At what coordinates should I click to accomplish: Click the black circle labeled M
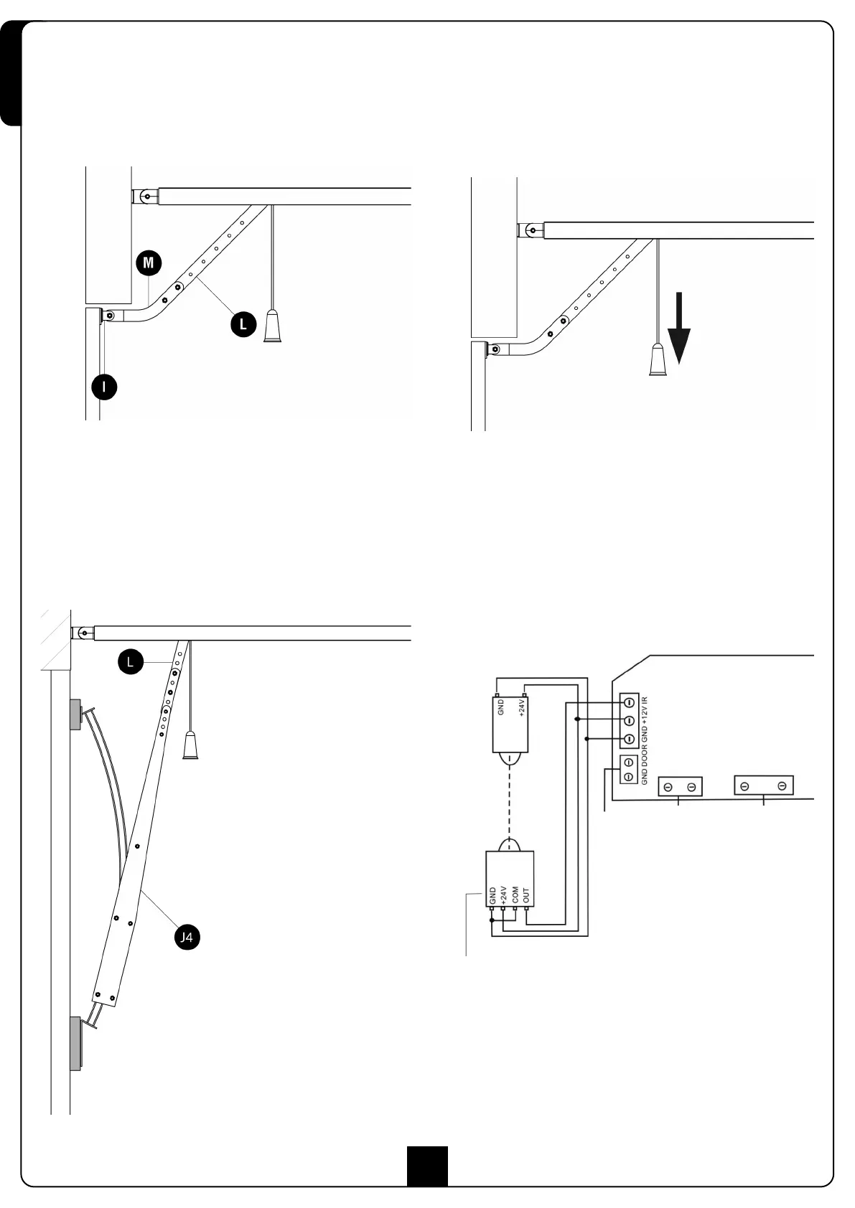(x=149, y=263)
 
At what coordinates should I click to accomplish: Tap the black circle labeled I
(x=105, y=387)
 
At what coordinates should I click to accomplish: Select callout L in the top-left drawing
(x=243, y=324)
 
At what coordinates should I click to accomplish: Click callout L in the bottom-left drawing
(x=130, y=662)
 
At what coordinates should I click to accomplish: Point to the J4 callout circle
(x=186, y=937)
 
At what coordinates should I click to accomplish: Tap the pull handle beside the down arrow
(x=658, y=360)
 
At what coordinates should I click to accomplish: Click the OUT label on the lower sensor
(x=526, y=895)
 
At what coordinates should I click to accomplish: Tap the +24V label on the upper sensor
(x=522, y=708)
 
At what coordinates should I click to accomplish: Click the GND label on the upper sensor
(x=501, y=707)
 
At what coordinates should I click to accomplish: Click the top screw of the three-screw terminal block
(x=628, y=702)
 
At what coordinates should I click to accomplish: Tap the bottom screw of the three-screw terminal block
(x=628, y=739)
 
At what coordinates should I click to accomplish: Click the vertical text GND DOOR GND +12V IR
(x=645, y=740)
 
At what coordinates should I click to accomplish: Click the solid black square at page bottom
(x=427, y=1166)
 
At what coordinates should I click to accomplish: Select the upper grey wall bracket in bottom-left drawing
(x=75, y=714)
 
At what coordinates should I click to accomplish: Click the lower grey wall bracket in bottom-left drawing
(x=75, y=1043)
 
